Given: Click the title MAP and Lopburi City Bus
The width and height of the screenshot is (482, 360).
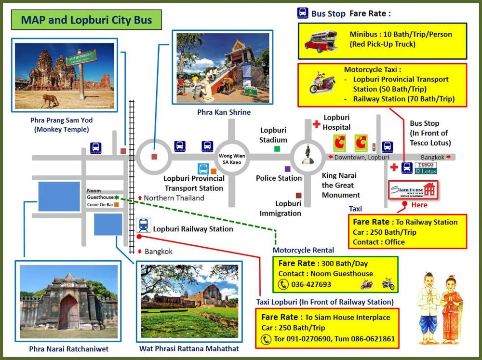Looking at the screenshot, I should pos(86,20).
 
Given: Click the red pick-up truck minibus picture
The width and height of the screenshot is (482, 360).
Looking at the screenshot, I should pos(319,40).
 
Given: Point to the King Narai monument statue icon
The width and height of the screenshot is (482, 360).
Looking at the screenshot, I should pos(307,156).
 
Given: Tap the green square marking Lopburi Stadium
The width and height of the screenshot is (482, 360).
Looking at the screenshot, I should pos(277,148).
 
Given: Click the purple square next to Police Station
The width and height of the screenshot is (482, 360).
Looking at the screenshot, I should pos(288,169).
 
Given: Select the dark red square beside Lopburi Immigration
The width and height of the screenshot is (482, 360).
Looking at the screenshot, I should pos(299,195).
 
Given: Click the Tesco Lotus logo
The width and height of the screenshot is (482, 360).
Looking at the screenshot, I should pos(426,168).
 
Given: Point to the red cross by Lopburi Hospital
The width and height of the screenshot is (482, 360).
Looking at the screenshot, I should pos(316,124).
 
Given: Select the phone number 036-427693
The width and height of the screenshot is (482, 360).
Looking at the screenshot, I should pos(311,284).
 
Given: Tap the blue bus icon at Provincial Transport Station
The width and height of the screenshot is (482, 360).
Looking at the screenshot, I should pos(203,169).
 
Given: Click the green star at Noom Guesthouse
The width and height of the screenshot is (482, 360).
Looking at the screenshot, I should pos(117,197).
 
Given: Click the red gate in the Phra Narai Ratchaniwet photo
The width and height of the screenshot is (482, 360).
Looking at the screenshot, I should pos(68,312).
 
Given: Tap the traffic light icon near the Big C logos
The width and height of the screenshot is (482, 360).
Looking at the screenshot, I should pos(373,145).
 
